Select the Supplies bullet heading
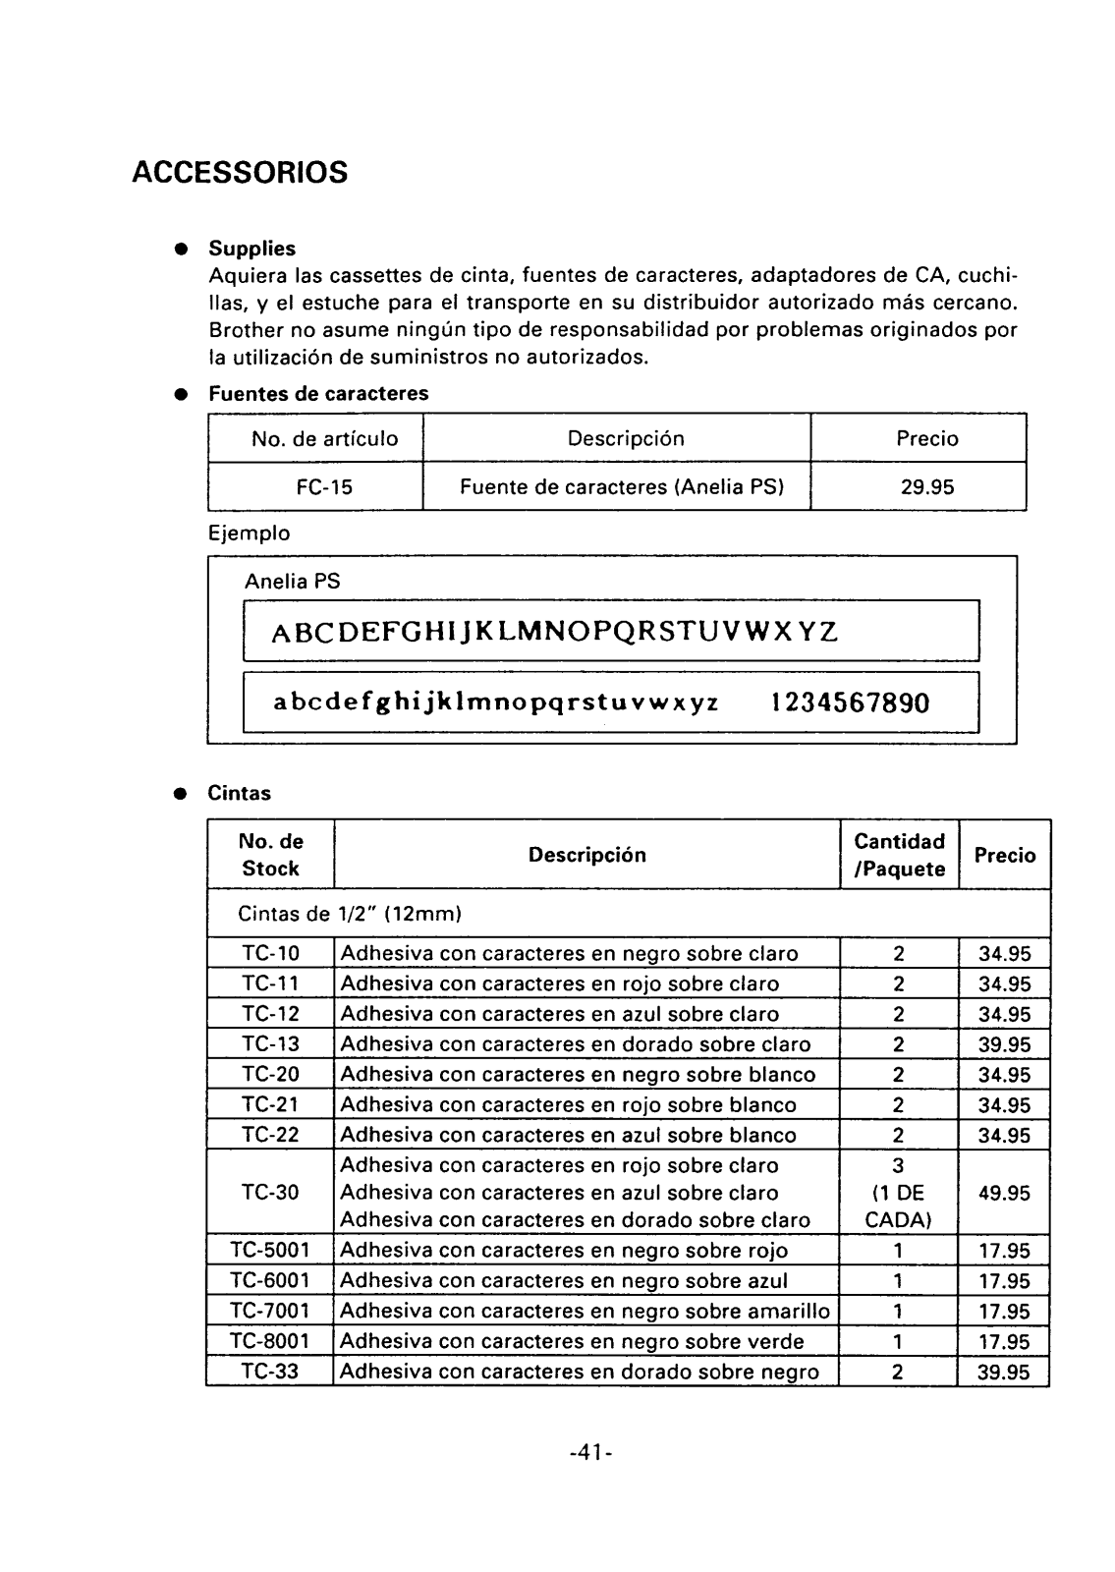pos(251,249)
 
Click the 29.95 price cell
pos(927,486)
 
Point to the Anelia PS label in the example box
pos(292,582)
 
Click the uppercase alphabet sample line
pos(555,630)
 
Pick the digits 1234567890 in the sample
pos(849,702)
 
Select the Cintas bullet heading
pos(239,793)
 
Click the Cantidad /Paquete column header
pos(899,855)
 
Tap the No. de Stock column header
pos(271,855)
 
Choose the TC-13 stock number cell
pos(270,1043)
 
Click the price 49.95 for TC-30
pos(1004,1194)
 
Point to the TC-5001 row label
pos(270,1251)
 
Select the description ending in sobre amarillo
pos(585,1312)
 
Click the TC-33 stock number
pos(270,1372)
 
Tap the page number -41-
pos(591,1452)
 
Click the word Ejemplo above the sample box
pos(249,533)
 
